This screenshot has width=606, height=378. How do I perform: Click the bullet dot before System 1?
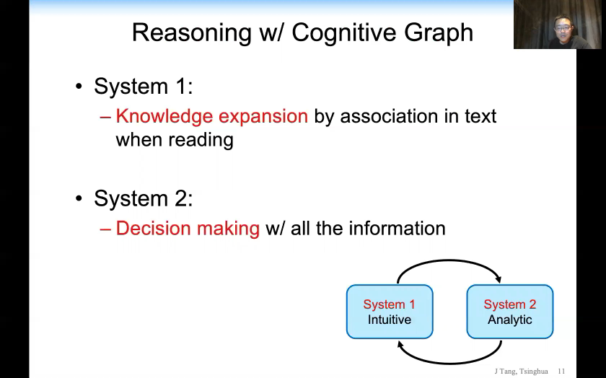tap(79, 87)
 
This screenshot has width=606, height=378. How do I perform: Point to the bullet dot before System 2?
tap(79, 199)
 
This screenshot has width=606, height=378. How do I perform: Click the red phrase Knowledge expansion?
tap(211, 116)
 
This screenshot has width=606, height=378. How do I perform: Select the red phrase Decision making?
tap(188, 228)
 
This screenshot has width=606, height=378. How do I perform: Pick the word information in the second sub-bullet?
tap(397, 228)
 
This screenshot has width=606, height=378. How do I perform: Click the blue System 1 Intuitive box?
tap(390, 312)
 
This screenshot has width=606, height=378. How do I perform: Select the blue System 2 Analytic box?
tap(510, 312)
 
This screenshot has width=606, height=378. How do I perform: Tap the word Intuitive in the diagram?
tap(390, 320)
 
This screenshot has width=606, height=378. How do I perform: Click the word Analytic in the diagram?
tap(510, 320)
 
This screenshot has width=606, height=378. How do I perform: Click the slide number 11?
tap(561, 372)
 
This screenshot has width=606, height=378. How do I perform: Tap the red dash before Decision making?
tap(106, 229)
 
